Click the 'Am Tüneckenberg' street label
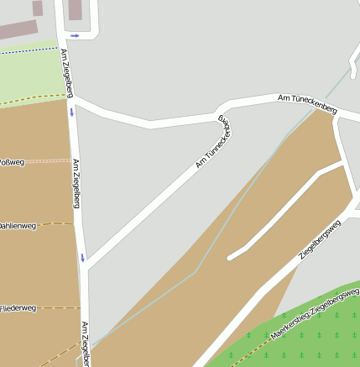pyautogui.click(x=307, y=104)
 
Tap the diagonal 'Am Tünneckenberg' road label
pyautogui.click(x=213, y=142)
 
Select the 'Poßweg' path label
pyautogui.click(x=12, y=161)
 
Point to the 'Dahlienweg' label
pyautogui.click(x=17, y=225)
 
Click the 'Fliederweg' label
pyautogui.click(x=18, y=308)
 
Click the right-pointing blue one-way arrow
pyautogui.click(x=75, y=35)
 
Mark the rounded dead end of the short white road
pyautogui.click(x=231, y=255)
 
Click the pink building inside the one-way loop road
pyautogui.click(x=76, y=9)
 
